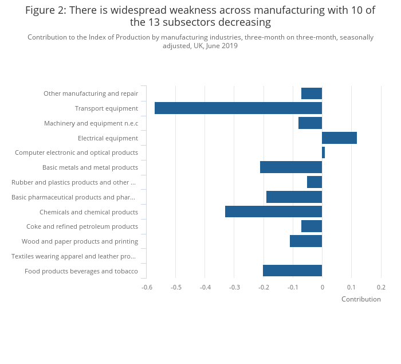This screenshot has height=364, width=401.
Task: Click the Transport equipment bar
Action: click(238, 108)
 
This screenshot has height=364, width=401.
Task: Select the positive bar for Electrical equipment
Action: click(339, 138)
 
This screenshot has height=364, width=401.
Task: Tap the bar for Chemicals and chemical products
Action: click(273, 212)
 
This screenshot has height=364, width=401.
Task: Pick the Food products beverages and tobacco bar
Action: click(292, 271)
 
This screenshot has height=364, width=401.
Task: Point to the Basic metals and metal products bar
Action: click(290, 167)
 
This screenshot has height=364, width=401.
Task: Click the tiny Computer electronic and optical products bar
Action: click(323, 152)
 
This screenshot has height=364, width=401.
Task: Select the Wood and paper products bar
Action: click(306, 241)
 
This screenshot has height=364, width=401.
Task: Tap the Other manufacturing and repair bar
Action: click(312, 93)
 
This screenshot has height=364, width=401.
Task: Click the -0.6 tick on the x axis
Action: click(147, 287)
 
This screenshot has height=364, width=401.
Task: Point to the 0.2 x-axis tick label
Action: click(381, 287)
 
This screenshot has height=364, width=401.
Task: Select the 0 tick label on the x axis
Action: click(322, 287)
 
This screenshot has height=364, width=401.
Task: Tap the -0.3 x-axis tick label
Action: click(234, 287)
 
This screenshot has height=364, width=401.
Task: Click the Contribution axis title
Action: click(361, 299)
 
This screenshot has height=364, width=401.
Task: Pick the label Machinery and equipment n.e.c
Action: click(91, 123)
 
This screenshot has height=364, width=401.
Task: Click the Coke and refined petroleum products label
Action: click(82, 226)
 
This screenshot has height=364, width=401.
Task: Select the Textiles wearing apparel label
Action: click(74, 256)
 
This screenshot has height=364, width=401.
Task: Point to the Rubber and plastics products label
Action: click(74, 182)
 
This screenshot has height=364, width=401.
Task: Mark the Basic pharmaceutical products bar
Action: click(294, 197)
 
